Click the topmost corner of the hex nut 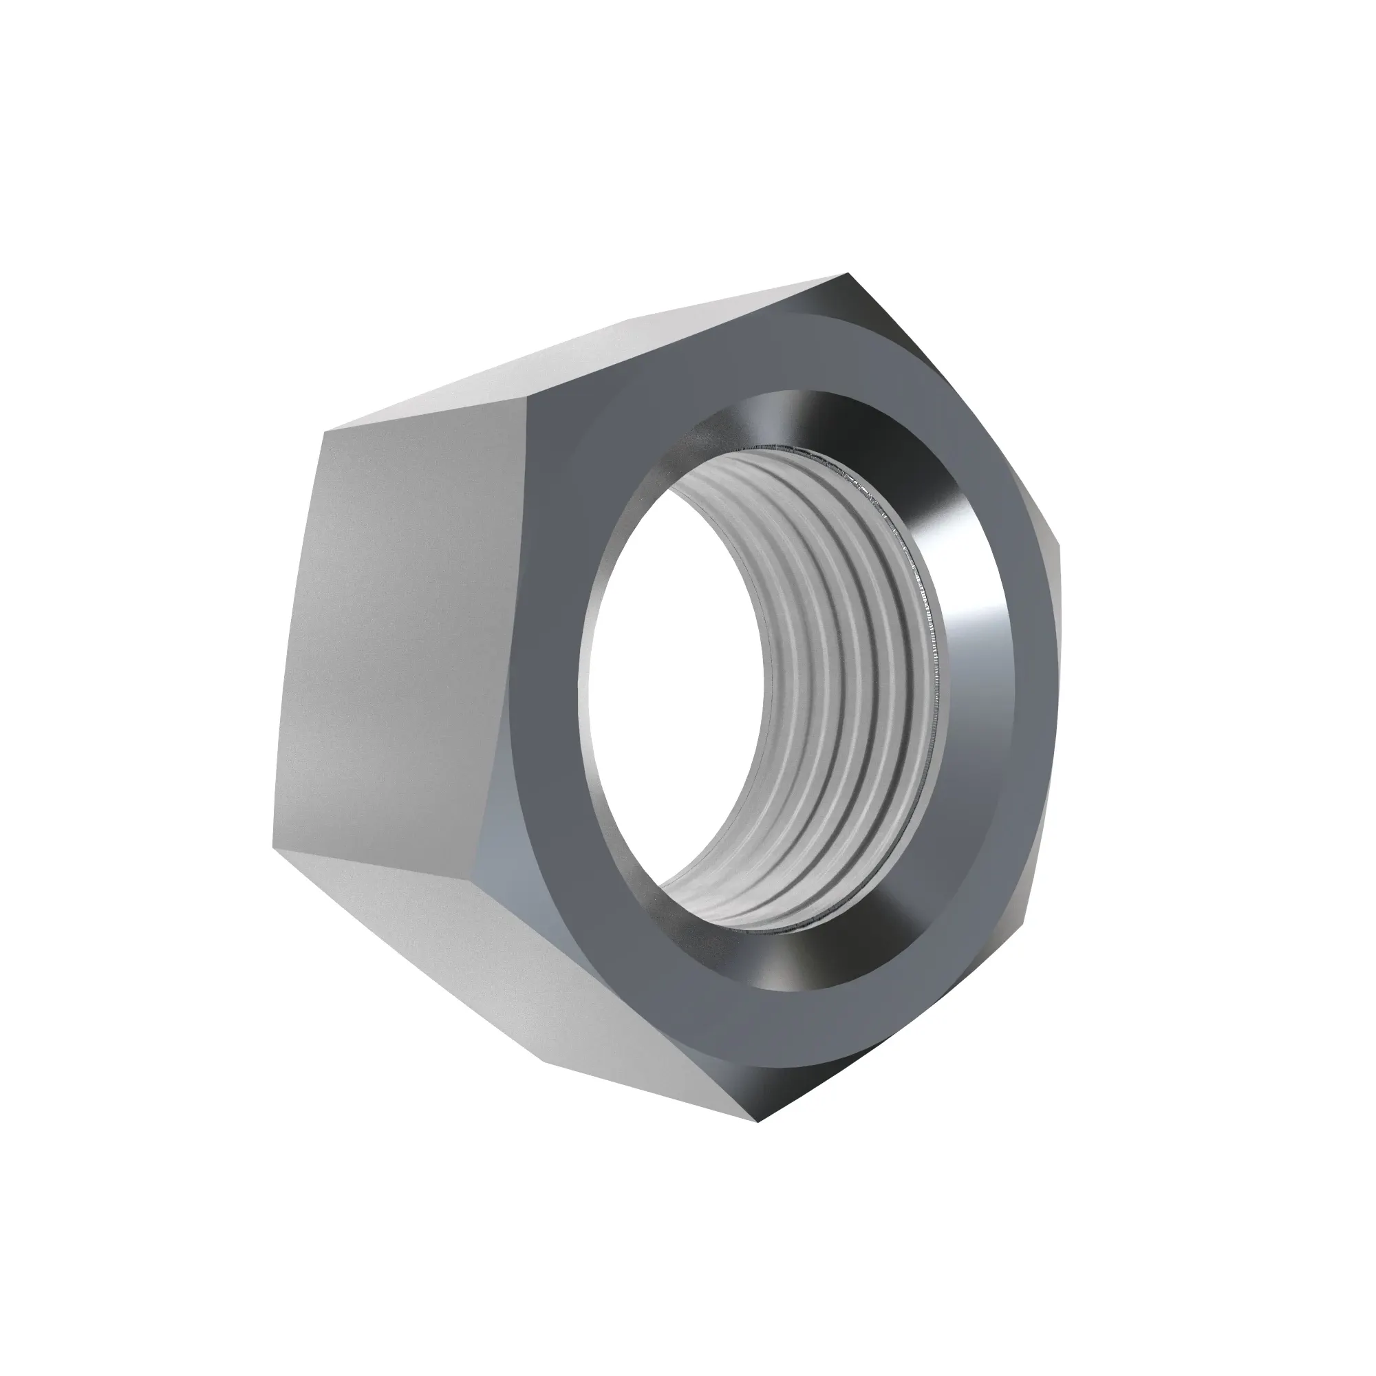click(848, 275)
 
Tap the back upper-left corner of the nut click(325, 431)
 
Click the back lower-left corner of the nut click(272, 848)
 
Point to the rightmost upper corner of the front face click(1058, 548)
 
